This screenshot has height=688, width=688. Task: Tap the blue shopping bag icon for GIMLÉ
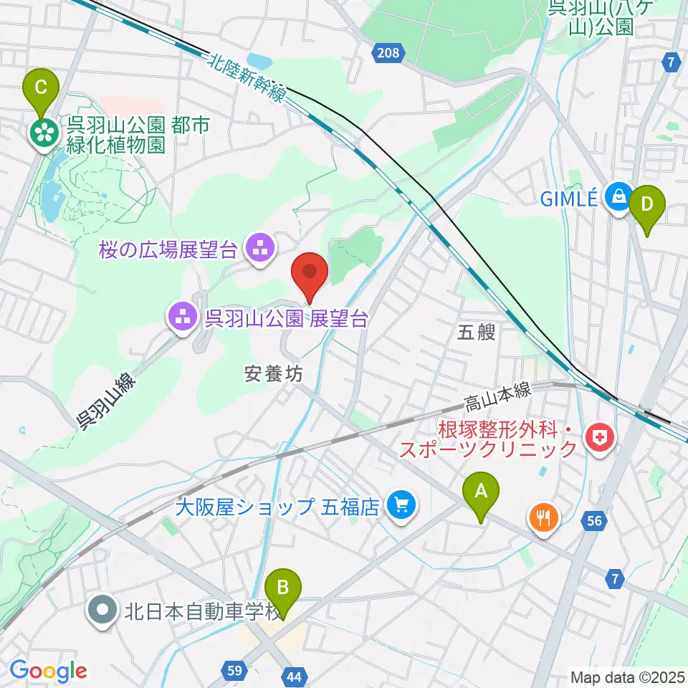tap(617, 196)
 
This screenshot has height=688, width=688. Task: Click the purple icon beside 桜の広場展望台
tap(257, 249)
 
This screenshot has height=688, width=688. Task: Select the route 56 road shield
tap(593, 521)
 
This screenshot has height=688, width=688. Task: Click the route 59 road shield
tap(234, 671)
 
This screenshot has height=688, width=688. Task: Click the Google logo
tap(48, 671)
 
